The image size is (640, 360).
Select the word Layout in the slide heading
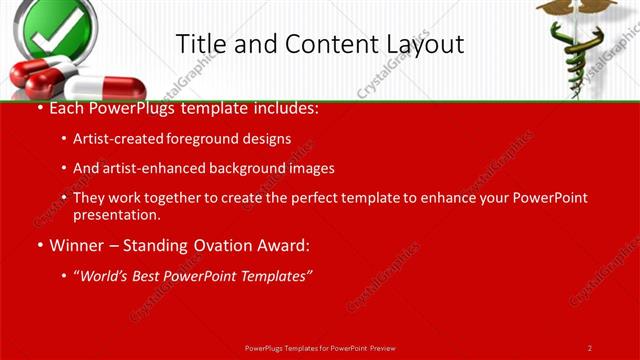click(x=427, y=44)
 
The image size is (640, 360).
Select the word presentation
click(x=116, y=215)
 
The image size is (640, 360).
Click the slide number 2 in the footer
click(x=590, y=347)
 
